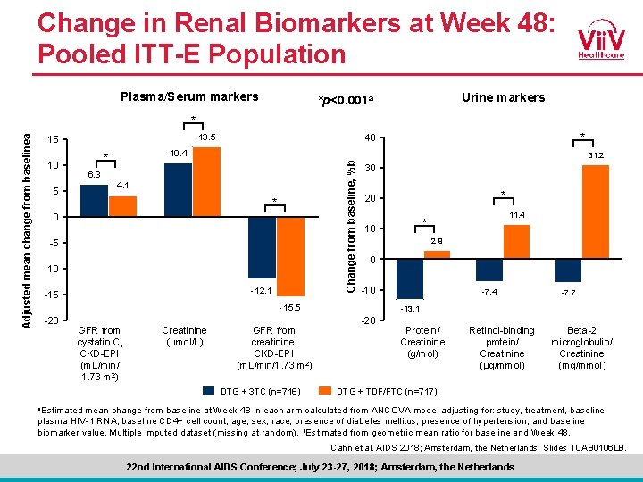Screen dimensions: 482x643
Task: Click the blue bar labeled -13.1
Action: pos(410,278)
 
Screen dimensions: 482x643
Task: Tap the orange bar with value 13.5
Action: pos(206,182)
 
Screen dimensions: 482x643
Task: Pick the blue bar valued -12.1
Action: pos(262,248)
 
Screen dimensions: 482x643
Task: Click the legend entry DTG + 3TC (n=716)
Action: pos(248,390)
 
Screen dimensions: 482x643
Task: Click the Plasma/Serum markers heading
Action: pos(189,96)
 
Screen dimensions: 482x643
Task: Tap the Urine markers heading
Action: pos(503,97)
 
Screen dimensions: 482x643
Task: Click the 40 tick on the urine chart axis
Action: pos(369,137)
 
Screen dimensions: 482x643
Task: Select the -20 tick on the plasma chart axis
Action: pos(52,320)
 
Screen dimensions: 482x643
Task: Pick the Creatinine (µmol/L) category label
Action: pos(184,336)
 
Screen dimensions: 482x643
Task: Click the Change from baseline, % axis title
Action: pos(352,224)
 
